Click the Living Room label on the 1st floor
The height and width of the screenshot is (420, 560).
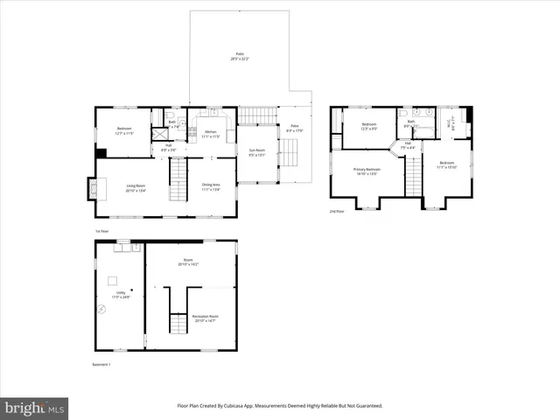pyautogui.click(x=136, y=186)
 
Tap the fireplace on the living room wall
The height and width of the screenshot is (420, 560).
pyautogui.click(x=91, y=189)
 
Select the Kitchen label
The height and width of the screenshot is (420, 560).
pyautogui.click(x=211, y=133)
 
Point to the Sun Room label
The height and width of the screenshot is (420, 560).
pyautogui.click(x=256, y=153)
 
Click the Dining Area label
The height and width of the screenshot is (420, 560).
pyautogui.click(x=211, y=186)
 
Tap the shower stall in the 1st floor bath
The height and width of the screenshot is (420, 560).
pyautogui.click(x=159, y=134)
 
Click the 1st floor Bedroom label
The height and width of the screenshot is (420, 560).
pyautogui.click(x=124, y=130)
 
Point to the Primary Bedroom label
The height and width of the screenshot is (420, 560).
pyautogui.click(x=367, y=171)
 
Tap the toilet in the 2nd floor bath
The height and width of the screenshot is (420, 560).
pyautogui.click(x=403, y=113)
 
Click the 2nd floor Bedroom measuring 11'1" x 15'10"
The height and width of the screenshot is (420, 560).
pyautogui.click(x=446, y=164)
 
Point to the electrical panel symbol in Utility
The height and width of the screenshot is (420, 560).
pyautogui.click(x=101, y=308)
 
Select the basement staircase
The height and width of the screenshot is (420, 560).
pyautogui.click(x=178, y=325)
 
